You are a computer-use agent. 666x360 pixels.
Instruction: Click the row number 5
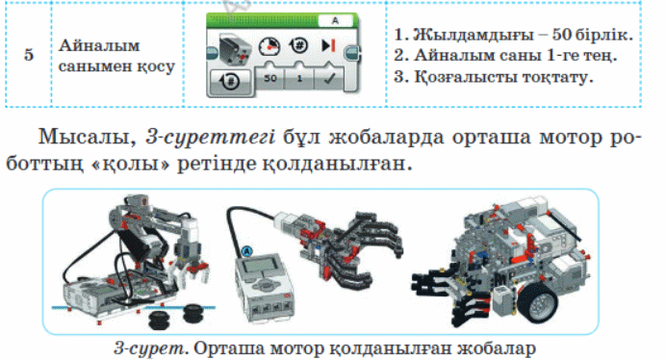[x=29, y=55]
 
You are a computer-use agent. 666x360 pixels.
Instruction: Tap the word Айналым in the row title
[x=99, y=45]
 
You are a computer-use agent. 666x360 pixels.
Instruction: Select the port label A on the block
[x=335, y=20]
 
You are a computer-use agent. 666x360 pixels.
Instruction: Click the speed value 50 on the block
[x=270, y=78]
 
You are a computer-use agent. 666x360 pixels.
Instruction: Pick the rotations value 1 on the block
[x=299, y=79]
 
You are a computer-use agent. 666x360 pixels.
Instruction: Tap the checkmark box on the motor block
[x=329, y=78]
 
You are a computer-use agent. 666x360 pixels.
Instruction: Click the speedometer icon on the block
[x=269, y=46]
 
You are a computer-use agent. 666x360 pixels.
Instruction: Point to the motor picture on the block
[x=236, y=50]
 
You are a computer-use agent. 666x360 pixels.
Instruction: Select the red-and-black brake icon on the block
[x=328, y=45]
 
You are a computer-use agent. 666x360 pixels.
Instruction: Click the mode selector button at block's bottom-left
[x=230, y=81]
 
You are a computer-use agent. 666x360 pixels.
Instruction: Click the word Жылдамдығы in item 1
[x=471, y=35]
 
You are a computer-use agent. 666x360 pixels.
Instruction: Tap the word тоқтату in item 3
[x=556, y=77]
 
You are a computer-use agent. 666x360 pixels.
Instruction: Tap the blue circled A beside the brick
[x=246, y=251]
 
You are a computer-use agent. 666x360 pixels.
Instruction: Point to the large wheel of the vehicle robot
[x=538, y=302]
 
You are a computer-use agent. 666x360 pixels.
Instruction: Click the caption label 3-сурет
[x=150, y=348]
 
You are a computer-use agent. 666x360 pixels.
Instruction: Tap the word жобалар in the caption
[x=497, y=348]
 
